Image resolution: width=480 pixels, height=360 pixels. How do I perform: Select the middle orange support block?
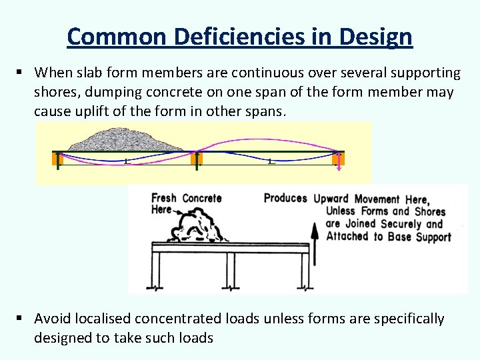196,159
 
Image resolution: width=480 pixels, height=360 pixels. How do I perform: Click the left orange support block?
57,159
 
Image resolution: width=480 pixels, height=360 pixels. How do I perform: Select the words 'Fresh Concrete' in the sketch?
187,198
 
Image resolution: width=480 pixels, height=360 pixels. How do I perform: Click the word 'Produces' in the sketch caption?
285,198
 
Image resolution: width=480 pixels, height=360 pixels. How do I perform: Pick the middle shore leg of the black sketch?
229,270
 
